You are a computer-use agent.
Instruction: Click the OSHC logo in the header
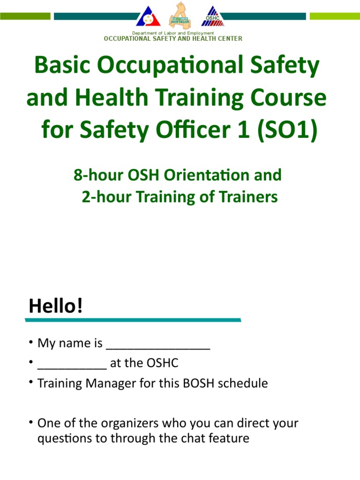[x=213, y=16]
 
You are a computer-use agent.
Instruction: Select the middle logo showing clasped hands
[x=180, y=15]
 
